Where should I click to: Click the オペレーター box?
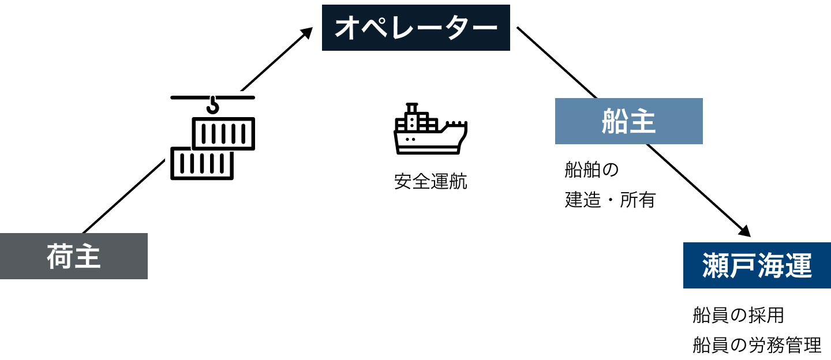click(415, 28)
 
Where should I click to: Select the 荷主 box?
click(74, 256)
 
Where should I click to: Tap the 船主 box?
click(628, 121)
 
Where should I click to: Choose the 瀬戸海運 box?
click(757, 265)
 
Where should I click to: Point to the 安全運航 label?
click(431, 182)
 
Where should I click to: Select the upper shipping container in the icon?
click(223, 133)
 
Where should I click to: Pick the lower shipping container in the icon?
click(202, 164)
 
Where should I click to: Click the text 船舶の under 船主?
click(592, 170)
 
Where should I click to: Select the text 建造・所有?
click(610, 200)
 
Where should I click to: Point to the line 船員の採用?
click(738, 316)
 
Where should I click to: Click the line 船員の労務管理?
click(757, 346)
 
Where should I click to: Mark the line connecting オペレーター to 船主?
click(557, 62)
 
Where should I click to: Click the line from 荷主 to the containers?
click(124, 196)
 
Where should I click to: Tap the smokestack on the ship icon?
click(411, 108)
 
